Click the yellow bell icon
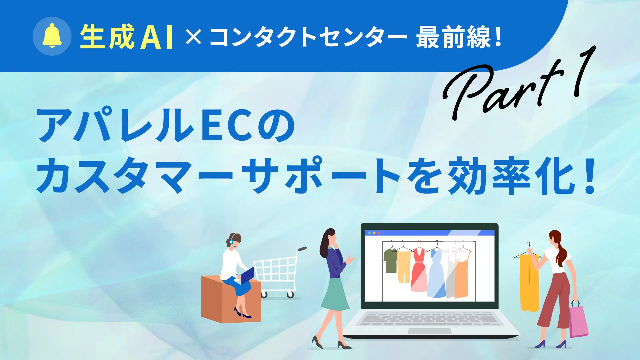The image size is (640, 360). (52, 36)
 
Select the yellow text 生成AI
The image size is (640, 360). (127, 37)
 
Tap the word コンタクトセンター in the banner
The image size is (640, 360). (308, 37)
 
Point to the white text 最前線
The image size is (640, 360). (453, 37)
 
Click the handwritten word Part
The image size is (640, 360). (503, 88)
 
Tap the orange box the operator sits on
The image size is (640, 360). (231, 298)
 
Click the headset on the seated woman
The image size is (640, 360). (233, 240)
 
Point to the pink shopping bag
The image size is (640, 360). (578, 319)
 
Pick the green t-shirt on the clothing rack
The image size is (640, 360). (390, 260)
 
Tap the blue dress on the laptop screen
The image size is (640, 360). (436, 273)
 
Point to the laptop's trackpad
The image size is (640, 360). (430, 331)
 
